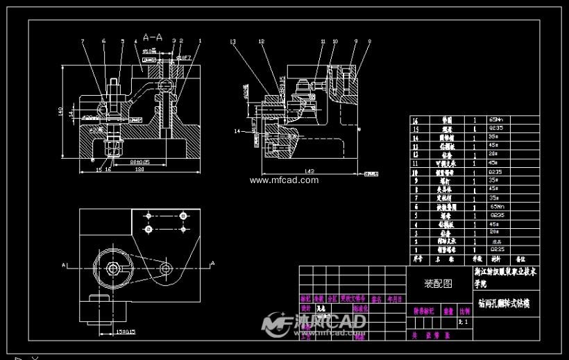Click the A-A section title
152,36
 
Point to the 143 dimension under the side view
310,170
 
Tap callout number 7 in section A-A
83,42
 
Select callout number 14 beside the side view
238,131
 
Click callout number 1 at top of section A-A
200,41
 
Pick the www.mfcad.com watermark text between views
284,180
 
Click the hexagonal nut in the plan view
114,268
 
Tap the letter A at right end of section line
212,263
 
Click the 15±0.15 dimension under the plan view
126,332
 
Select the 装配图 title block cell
438,284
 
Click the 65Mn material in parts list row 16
497,119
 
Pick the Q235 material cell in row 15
497,128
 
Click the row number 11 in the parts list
416,164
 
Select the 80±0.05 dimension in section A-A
142,161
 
